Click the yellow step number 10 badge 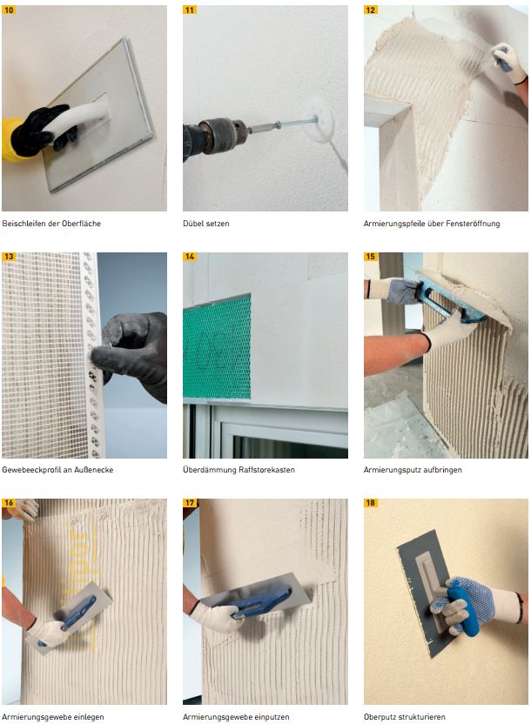click(x=9, y=10)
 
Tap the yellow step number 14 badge click(x=190, y=256)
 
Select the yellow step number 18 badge click(x=371, y=503)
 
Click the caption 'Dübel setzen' click(x=206, y=224)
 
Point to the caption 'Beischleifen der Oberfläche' click(x=51, y=224)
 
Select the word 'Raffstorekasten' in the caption click(x=266, y=470)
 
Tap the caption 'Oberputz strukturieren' click(x=405, y=717)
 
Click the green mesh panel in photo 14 click(x=217, y=347)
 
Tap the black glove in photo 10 click(x=41, y=130)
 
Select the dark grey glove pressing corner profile click(x=131, y=353)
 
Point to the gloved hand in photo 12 click(x=509, y=64)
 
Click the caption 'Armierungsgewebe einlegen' click(x=53, y=717)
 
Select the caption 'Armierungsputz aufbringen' click(x=413, y=470)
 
